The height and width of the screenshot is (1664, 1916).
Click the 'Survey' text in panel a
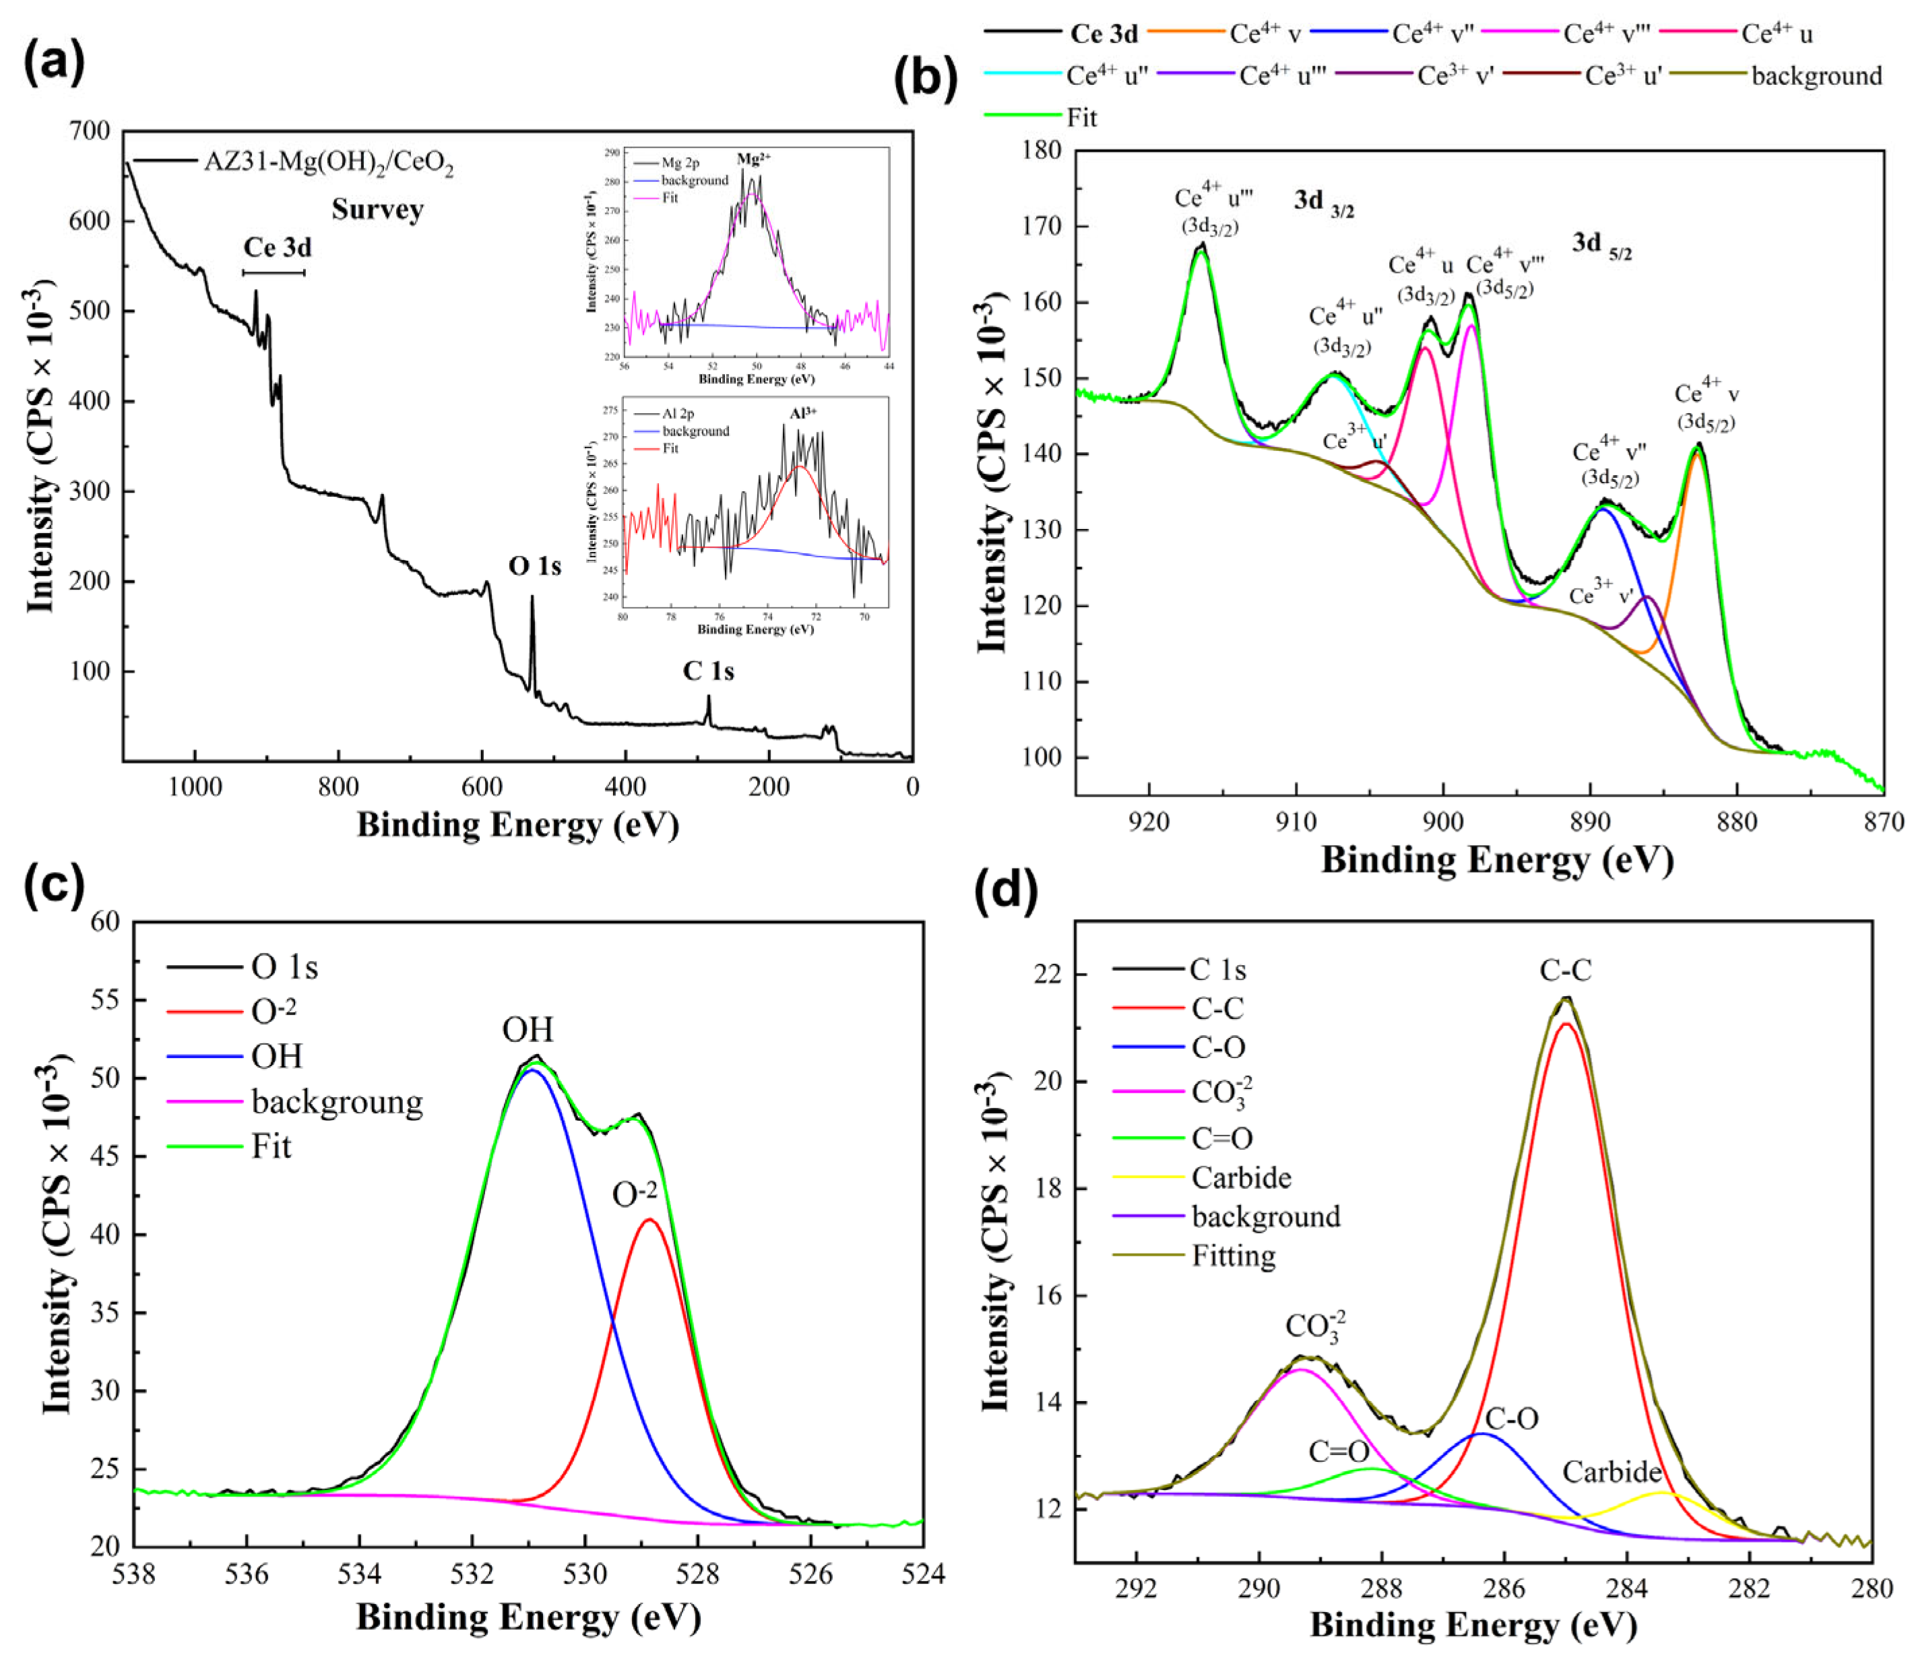coord(377,210)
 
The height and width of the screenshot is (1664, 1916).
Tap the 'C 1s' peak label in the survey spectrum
coord(708,671)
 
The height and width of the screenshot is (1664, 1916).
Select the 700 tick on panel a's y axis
coord(90,132)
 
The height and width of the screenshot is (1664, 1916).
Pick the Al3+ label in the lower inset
coord(803,412)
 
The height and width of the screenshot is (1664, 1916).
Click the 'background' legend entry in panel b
coord(1816,76)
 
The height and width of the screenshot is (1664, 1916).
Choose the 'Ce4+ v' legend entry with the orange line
coord(1265,34)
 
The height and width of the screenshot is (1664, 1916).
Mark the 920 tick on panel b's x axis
coord(1149,821)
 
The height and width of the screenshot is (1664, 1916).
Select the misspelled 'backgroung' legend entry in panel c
coord(336,1102)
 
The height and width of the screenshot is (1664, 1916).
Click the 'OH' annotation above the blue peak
coord(528,1030)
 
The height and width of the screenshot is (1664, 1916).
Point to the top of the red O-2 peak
coord(650,1220)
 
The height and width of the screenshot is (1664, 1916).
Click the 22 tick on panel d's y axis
coord(1051,975)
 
